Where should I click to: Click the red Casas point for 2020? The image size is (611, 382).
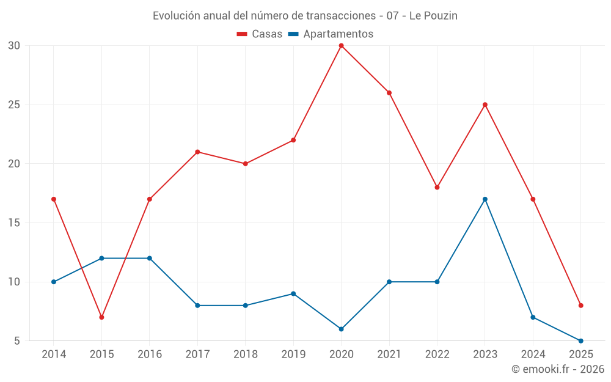coord(341,45)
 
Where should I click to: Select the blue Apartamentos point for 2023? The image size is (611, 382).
coord(485,199)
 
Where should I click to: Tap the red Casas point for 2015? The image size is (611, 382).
coord(101,317)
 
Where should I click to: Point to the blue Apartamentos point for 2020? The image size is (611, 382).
coord(341,329)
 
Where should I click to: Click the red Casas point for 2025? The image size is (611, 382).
coord(581,306)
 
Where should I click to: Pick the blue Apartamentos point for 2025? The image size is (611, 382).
coord(581,341)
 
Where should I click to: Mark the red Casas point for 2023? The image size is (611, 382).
coord(485,105)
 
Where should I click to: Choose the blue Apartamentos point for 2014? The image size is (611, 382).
coord(54,282)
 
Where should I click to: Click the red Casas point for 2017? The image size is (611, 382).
coord(197,152)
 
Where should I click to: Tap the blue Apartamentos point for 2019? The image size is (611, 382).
coord(293,293)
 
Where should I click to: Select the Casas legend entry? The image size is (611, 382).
coord(260,34)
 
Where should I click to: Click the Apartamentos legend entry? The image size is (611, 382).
coord(331,34)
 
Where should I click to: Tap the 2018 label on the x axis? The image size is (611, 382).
coord(245,354)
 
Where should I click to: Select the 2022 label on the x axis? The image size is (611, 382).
coord(437,354)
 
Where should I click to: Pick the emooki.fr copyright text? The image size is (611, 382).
coord(558,369)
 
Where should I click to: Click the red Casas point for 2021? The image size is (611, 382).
coord(389,93)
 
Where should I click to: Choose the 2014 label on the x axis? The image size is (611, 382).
coord(54,354)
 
